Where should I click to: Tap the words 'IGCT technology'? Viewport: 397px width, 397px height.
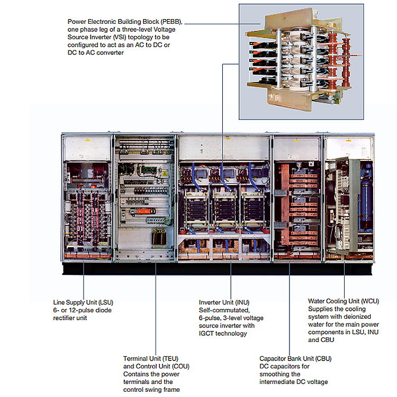tap(223, 333)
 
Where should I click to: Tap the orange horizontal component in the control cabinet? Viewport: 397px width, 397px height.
tap(139, 211)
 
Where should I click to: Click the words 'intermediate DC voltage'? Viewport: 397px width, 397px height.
tap(294, 382)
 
